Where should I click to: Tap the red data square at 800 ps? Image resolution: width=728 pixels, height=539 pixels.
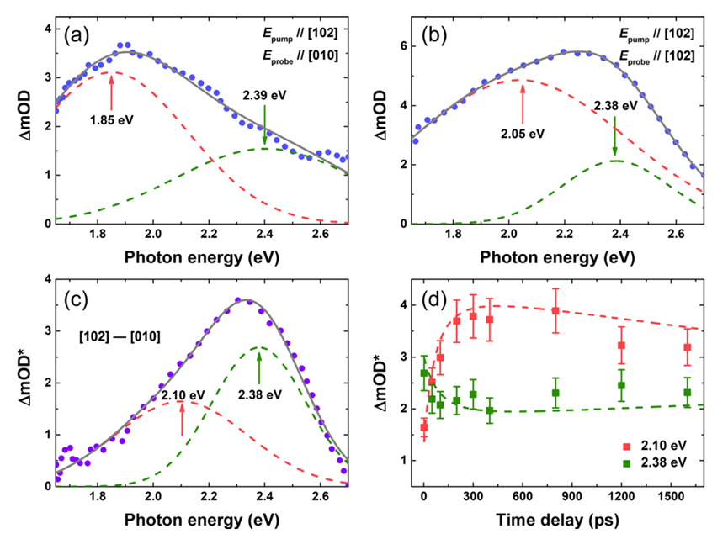click(555, 310)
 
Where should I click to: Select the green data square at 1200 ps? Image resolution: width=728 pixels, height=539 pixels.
click(622, 386)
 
